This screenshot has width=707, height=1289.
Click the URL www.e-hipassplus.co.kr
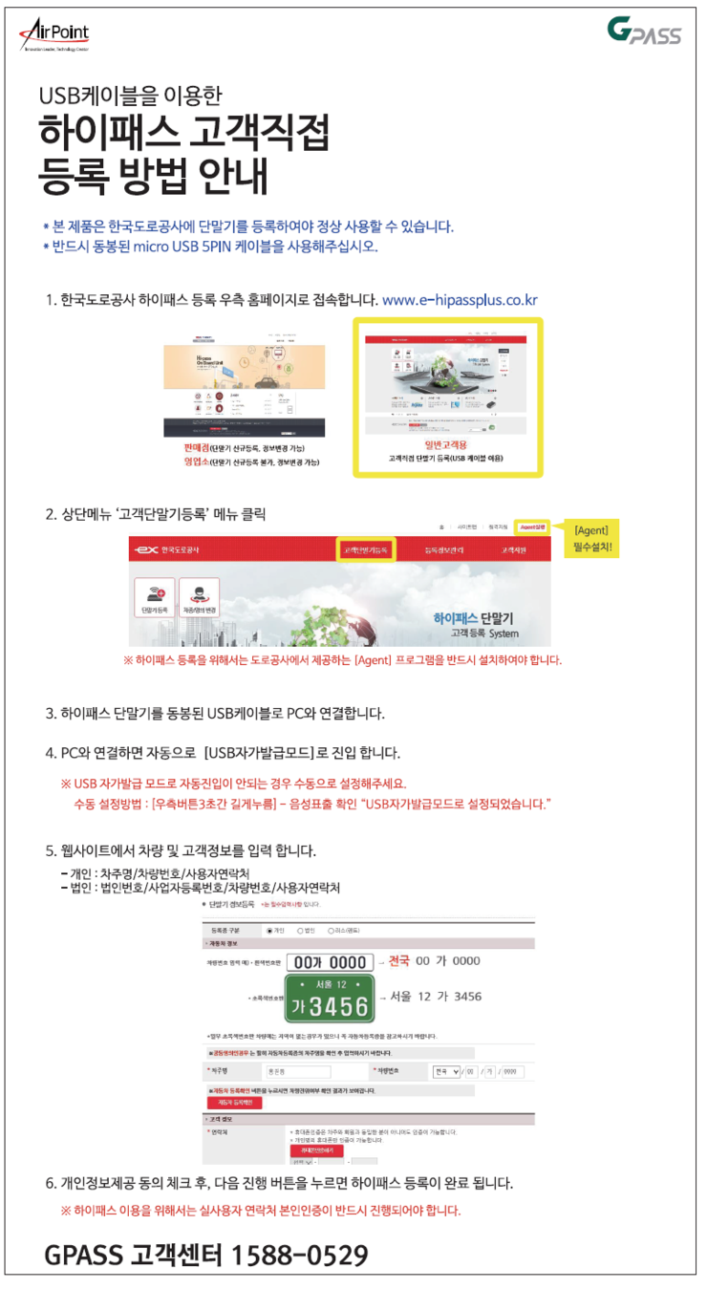pos(460,300)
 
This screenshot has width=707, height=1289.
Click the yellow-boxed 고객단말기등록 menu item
pos(366,550)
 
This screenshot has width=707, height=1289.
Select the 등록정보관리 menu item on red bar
pos(447,550)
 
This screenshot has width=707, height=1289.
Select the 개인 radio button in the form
pos(270,929)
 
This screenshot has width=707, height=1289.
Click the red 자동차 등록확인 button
pos(234,1102)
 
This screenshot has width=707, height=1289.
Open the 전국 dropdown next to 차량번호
pos(446,1071)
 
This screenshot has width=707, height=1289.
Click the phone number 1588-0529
pos(301,1255)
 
